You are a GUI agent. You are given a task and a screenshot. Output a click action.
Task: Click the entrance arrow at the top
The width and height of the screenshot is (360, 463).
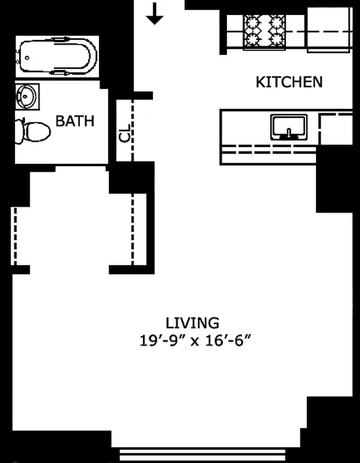155,14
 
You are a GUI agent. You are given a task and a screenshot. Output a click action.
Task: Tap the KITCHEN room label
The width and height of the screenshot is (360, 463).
289,82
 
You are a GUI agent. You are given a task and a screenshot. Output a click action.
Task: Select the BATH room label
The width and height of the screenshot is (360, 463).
75,121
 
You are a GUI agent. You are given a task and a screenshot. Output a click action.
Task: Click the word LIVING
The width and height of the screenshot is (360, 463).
192,322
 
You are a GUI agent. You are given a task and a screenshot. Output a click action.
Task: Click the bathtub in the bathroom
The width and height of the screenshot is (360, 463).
57,56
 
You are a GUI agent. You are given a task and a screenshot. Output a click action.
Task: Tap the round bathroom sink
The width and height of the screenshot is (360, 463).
27,95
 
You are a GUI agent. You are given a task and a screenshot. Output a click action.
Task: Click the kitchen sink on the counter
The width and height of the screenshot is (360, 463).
288,126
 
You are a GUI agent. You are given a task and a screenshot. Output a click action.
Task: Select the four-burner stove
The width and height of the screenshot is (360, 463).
265,30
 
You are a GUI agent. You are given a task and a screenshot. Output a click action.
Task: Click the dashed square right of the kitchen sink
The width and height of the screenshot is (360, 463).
336,128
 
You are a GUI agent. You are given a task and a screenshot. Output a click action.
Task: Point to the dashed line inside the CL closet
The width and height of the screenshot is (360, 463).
133,130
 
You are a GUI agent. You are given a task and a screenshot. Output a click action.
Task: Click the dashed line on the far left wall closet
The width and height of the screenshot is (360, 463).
14,236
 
